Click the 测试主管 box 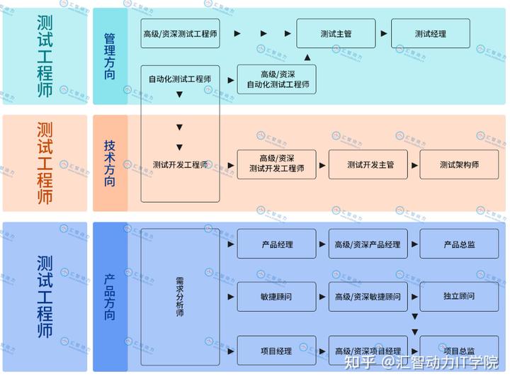coord(336,33)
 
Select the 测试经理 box coord(430,33)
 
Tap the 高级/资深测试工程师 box coord(180,33)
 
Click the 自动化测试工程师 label coord(180,79)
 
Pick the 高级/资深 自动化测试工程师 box coord(277,79)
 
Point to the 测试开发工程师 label coord(180,164)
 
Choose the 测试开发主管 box coord(370,164)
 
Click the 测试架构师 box coord(459,164)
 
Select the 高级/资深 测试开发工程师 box coord(277,164)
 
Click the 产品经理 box coord(277,244)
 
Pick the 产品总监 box coord(459,244)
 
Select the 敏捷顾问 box coord(277,296)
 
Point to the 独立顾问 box coord(459,296)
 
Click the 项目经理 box coord(277,351)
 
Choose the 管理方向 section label coord(110,56)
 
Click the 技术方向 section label coord(110,163)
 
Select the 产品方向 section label coord(110,296)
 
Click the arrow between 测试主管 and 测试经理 coord(384,33)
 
